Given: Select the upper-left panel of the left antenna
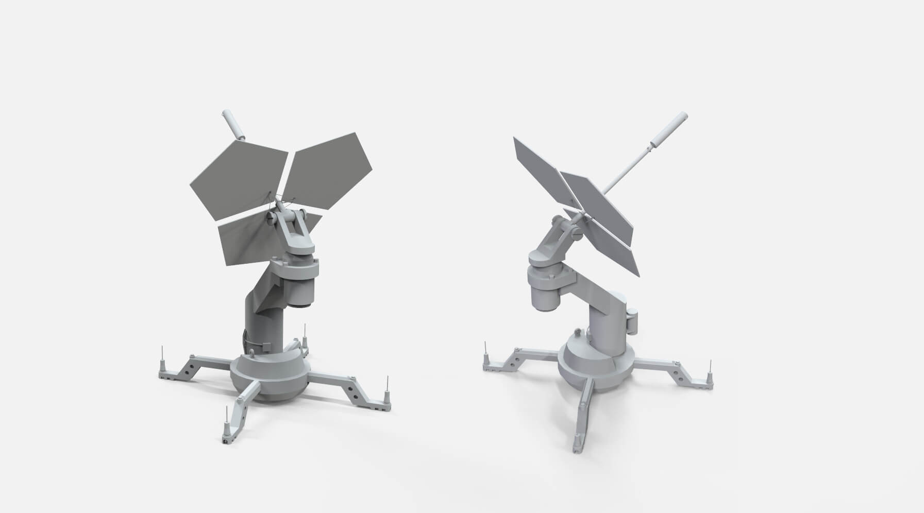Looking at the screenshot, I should [x=238, y=169].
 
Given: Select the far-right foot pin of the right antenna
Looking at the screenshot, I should [x=710, y=379].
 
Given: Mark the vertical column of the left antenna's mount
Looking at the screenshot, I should [x=263, y=319].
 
